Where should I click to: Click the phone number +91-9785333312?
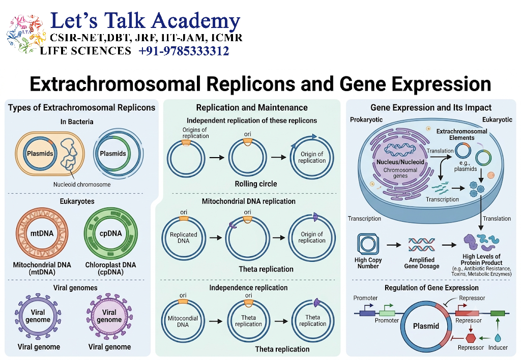point(184,51)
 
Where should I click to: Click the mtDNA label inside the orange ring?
point(42,233)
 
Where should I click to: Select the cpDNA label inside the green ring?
point(110,233)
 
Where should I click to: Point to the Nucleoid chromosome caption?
point(82,185)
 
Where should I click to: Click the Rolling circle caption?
point(256,184)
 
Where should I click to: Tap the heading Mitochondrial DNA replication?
point(248,201)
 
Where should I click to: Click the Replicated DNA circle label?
point(183,237)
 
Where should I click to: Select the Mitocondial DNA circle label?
point(183,321)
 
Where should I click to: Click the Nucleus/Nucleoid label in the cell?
point(400,162)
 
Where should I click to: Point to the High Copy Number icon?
point(368,244)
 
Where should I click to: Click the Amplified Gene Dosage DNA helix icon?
point(422,245)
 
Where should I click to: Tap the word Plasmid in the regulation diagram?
point(426,326)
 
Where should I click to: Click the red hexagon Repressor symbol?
point(471,338)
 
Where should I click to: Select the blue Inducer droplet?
point(498,338)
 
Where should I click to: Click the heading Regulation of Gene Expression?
point(431,288)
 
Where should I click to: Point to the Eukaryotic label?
point(497,119)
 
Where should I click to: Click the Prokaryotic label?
point(366,119)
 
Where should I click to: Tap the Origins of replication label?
point(195,133)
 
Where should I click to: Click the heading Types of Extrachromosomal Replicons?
point(82,108)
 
